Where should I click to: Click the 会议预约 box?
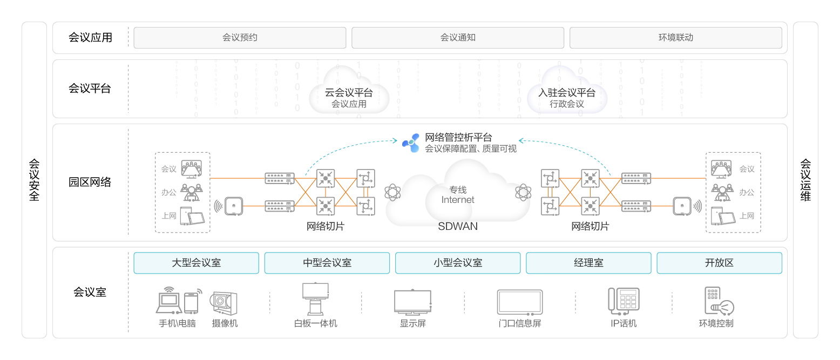[x=240, y=38]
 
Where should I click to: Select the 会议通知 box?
[x=458, y=38]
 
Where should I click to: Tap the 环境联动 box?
[x=675, y=38]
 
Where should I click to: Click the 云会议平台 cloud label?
[x=349, y=93]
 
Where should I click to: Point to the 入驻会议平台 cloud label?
[x=567, y=93]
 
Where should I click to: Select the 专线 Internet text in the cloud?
[x=458, y=195]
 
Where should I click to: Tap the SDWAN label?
[x=458, y=226]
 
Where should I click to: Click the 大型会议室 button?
[x=197, y=263]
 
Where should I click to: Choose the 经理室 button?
[x=588, y=263]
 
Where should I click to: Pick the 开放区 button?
[x=719, y=263]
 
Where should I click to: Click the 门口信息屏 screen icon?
[x=520, y=302]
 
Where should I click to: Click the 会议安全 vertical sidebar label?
[x=34, y=180]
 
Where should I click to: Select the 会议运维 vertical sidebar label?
[x=805, y=180]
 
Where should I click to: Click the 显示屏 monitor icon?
[x=412, y=302]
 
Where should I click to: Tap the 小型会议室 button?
[x=458, y=263]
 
